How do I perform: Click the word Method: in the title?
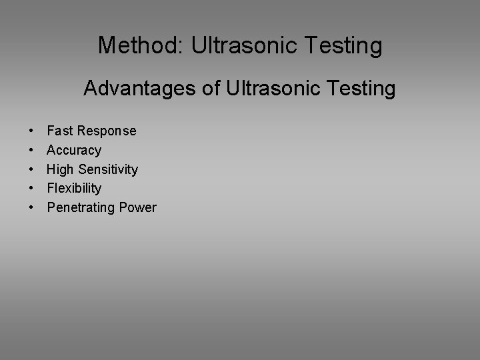click(x=141, y=45)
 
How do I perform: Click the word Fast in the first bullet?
click(x=59, y=131)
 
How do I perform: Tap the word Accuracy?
click(x=74, y=150)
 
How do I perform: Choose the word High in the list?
click(x=61, y=169)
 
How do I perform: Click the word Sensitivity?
click(x=108, y=169)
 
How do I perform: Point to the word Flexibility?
click(x=74, y=188)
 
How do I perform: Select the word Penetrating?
click(x=81, y=207)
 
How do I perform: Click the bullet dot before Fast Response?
click(x=32, y=131)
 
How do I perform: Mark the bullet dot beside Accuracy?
click(x=32, y=151)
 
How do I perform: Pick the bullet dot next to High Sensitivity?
click(x=32, y=170)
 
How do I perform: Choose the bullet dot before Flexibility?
click(x=32, y=189)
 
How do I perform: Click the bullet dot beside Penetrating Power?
click(x=32, y=208)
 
